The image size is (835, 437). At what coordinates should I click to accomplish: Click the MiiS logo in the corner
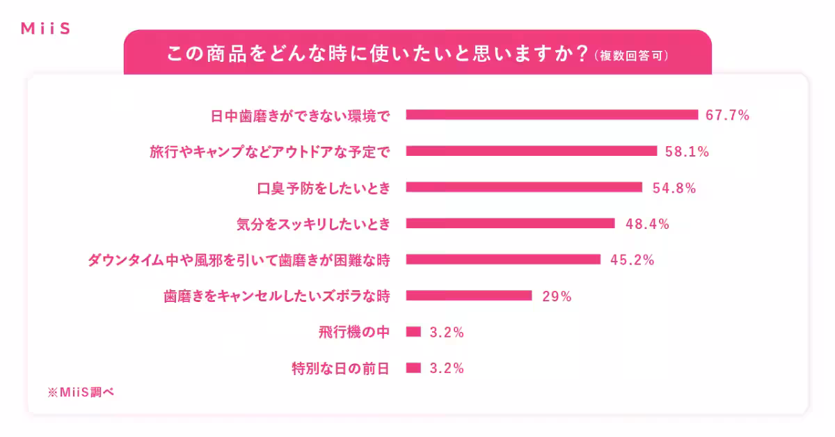coord(45,29)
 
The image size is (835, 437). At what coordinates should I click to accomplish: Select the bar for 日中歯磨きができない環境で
coord(551,115)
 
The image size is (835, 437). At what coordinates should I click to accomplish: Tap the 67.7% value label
coord(727,116)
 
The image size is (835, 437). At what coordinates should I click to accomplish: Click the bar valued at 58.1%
coord(531,151)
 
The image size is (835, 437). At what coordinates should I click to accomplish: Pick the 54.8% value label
coord(674,188)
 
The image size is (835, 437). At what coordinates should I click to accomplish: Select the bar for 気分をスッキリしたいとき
coord(510,223)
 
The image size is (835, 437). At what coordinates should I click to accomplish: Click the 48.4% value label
coord(647,224)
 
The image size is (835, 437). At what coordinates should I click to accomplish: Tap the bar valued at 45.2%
coord(502,260)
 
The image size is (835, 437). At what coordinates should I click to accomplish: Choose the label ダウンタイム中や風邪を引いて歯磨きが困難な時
coord(238,260)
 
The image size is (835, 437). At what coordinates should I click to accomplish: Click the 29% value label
coord(557,296)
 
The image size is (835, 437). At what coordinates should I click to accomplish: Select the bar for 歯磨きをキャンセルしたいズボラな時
coord(468,296)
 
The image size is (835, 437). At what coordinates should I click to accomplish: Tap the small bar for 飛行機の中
coord(413,332)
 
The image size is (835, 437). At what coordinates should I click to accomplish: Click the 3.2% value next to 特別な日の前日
coord(447,369)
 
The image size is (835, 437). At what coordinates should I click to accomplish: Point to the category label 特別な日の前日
coord(340,369)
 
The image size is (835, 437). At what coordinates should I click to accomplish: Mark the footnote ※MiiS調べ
coord(80,392)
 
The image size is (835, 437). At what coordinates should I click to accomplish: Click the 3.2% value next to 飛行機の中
coord(447,333)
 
